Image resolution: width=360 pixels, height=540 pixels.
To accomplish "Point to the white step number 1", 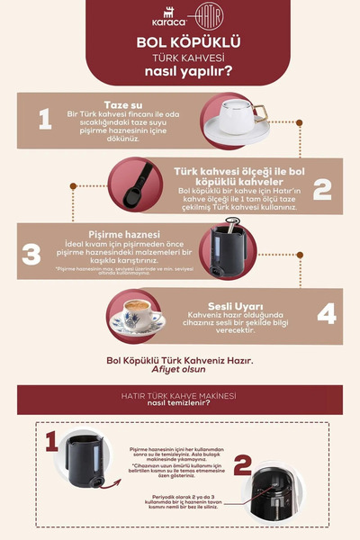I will [43, 119].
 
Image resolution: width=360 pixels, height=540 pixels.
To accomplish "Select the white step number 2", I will [321, 188].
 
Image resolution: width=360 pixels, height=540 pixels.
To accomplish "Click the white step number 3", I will [32, 254].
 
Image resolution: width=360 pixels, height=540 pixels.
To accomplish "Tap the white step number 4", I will [327, 312].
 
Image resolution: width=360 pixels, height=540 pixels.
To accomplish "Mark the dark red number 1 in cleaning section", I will [51, 440].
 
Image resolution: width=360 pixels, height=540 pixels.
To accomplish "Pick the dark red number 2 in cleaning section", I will [241, 466].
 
